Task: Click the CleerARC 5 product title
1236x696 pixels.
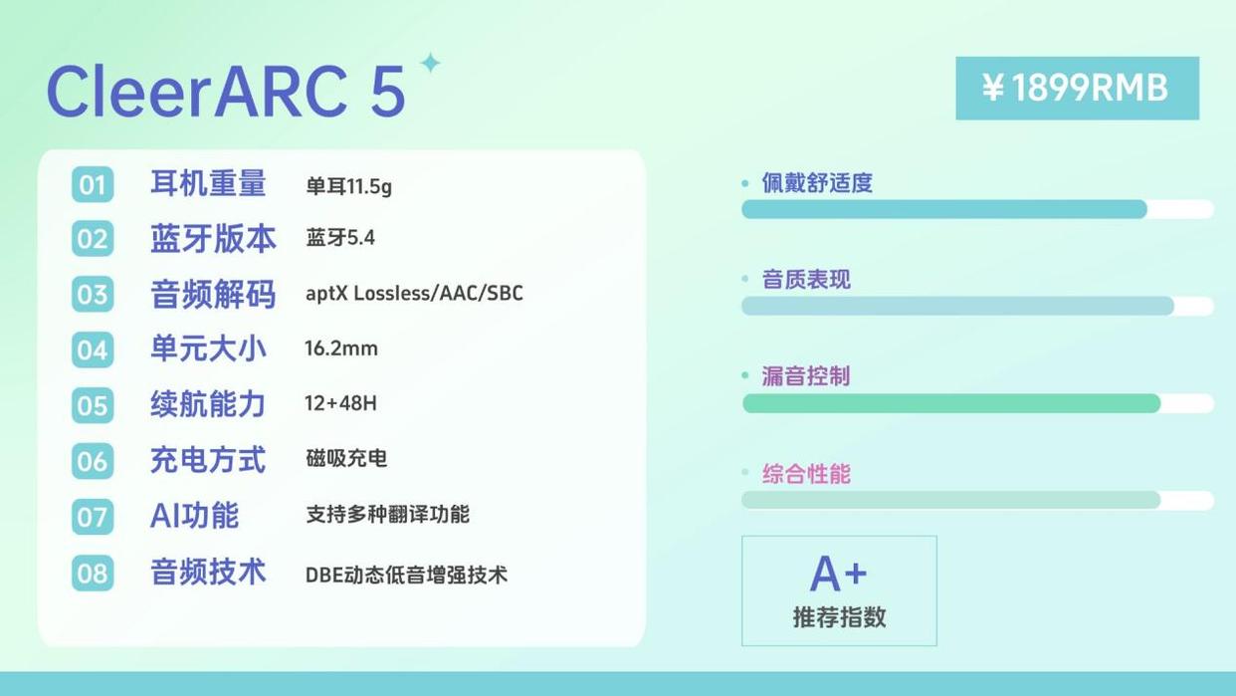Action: (x=226, y=91)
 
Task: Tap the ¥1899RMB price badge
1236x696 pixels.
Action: (x=1077, y=89)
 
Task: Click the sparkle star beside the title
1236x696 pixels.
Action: (x=430, y=63)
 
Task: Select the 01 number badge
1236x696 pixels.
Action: (x=93, y=184)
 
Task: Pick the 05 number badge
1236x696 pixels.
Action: (x=93, y=405)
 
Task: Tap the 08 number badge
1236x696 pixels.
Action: (x=93, y=573)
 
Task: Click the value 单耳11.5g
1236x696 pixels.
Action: (x=348, y=186)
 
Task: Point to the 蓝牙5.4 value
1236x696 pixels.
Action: (x=340, y=238)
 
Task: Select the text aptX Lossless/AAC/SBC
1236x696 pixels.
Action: (x=414, y=293)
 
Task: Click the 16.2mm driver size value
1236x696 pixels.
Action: (x=341, y=348)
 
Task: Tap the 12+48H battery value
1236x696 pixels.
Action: (x=340, y=403)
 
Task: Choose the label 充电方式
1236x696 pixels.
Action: (x=208, y=460)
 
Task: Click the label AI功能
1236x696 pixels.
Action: (x=194, y=516)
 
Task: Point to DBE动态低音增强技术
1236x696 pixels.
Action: (x=406, y=575)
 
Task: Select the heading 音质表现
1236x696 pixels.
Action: (x=806, y=279)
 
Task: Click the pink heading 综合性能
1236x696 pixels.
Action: (x=806, y=474)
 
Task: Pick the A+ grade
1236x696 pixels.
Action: (x=838, y=574)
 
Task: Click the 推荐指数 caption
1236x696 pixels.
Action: (x=839, y=617)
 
